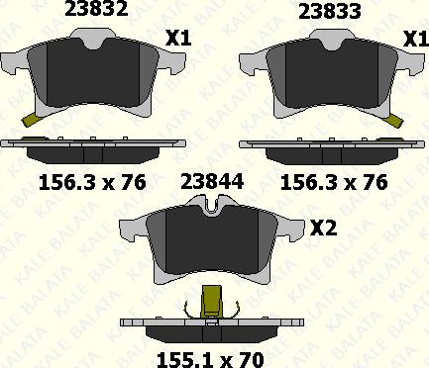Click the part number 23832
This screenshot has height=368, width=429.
pyautogui.click(x=95, y=11)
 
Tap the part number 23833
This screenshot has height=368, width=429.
pyautogui.click(x=331, y=11)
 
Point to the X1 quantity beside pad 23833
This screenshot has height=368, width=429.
pyautogui.click(x=414, y=39)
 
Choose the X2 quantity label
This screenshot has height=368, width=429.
pyautogui.click(x=324, y=228)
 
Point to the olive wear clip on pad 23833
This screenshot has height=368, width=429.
pyautogui.click(x=395, y=120)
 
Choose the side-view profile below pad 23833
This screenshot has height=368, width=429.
pyautogui.click(x=331, y=148)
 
